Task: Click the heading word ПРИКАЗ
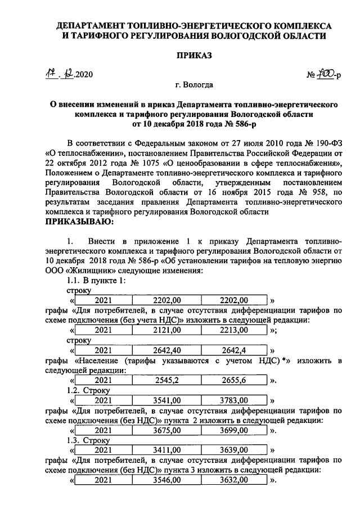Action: pos(179,56)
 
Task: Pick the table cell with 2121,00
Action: pos(167,330)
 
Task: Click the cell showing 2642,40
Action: pos(167,350)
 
